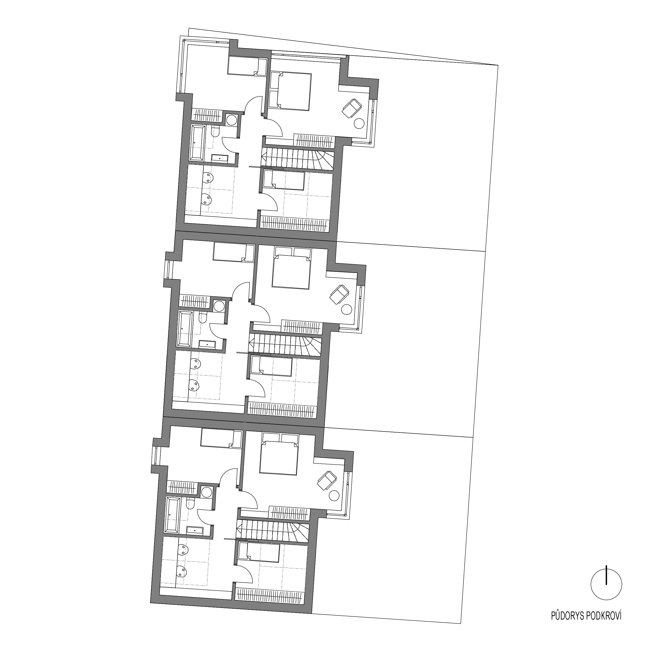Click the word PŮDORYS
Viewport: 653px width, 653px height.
pos(567,626)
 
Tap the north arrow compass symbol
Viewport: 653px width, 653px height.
pos(606,584)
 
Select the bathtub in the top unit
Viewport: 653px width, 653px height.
pos(198,143)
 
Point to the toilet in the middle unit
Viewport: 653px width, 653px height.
pos(203,318)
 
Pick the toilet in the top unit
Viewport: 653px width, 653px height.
pos(215,131)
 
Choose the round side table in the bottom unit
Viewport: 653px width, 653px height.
pos(333,496)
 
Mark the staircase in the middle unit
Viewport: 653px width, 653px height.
pos(286,345)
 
